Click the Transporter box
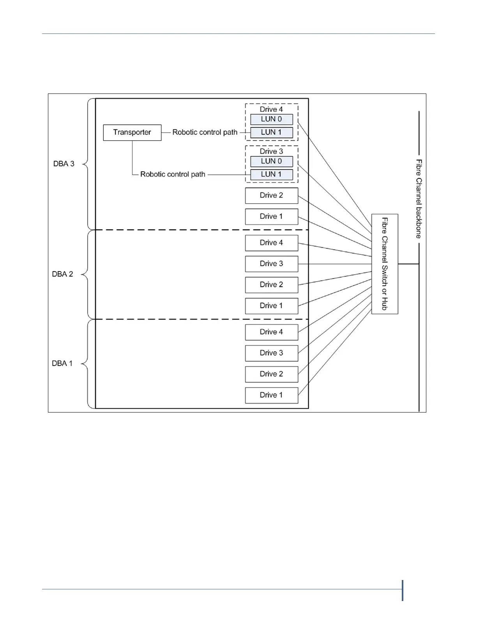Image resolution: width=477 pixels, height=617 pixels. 132,132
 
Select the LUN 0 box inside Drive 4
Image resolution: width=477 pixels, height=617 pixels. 271,119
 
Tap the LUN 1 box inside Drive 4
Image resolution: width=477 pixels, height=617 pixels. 271,132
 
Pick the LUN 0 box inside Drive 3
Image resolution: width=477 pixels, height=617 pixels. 271,161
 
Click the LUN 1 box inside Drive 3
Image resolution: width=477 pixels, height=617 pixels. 271,175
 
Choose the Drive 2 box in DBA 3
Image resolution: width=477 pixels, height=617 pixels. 271,196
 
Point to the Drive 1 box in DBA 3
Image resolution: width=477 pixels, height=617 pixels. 271,217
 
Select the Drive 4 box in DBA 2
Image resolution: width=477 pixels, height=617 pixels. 271,243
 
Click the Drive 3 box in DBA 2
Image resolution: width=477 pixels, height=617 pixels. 271,264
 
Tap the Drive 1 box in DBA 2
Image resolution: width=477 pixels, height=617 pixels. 271,306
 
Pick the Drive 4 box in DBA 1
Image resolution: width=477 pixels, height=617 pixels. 271,332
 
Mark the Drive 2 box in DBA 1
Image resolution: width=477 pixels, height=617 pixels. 271,374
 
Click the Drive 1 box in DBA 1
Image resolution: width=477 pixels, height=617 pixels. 271,395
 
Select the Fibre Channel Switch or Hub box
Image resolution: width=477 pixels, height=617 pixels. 385,264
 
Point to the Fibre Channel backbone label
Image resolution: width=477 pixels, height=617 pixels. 419,199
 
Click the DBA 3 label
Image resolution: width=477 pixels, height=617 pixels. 64,164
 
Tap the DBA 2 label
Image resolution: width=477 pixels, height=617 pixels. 63,274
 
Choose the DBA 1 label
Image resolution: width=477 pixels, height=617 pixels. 62,363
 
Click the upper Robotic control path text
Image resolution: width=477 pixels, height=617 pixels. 205,132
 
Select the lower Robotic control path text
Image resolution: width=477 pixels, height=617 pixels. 173,175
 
